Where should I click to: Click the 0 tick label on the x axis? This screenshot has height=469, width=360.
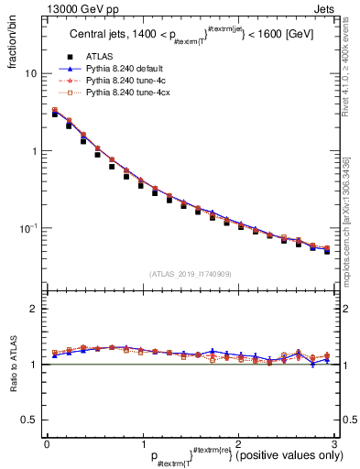point(47,442)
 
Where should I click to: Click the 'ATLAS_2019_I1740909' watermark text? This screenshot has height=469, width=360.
point(190,274)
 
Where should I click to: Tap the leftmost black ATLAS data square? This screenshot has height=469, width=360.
point(56,115)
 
